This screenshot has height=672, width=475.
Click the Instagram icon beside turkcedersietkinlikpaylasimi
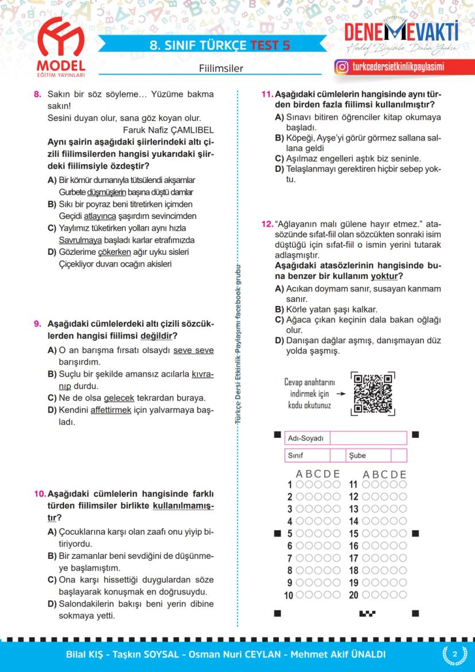(342, 67)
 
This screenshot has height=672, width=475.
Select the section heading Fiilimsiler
(221, 68)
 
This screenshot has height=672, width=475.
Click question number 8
(38, 94)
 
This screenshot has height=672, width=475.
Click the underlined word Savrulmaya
(80, 240)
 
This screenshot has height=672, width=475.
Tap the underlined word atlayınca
(100, 216)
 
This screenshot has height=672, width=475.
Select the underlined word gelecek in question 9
(119, 398)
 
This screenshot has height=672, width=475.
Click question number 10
(40, 494)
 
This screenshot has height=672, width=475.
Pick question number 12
(267, 223)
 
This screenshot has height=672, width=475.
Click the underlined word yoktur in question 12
(383, 276)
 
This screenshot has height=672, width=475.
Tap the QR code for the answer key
(373, 394)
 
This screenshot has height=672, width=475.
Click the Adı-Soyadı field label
(306, 438)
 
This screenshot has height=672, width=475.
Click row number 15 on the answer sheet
(354, 534)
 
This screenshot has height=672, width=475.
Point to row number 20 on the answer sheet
(354, 595)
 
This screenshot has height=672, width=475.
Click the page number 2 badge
(454, 655)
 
